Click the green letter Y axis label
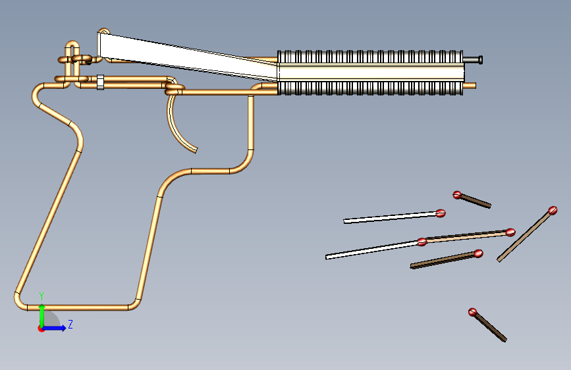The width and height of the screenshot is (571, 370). [41, 296]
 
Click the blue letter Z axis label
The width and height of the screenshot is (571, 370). [70, 324]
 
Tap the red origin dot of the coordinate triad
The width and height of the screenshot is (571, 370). [41, 329]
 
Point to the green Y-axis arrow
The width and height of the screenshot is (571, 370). [42, 315]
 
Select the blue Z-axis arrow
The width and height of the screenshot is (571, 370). [54, 328]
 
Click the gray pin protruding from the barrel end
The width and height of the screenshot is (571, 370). [473, 59]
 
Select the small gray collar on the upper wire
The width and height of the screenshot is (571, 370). [100, 82]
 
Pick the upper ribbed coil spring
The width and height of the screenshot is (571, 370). [370, 57]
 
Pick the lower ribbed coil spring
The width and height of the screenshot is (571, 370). [370, 88]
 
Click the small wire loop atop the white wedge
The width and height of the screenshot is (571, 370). [104, 31]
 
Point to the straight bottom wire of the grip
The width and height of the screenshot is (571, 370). [78, 307]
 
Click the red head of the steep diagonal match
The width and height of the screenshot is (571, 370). [553, 210]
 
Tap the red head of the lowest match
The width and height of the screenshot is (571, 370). [472, 311]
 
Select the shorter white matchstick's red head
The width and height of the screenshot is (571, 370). [441, 213]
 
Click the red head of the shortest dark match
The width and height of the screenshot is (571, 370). [457, 195]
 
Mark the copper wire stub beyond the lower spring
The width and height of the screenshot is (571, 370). [470, 86]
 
